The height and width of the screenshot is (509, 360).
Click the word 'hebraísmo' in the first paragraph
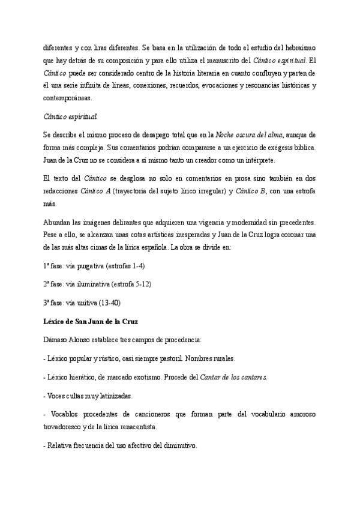click(x=299, y=47)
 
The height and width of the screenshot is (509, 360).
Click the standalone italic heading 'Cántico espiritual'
click(x=70, y=116)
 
